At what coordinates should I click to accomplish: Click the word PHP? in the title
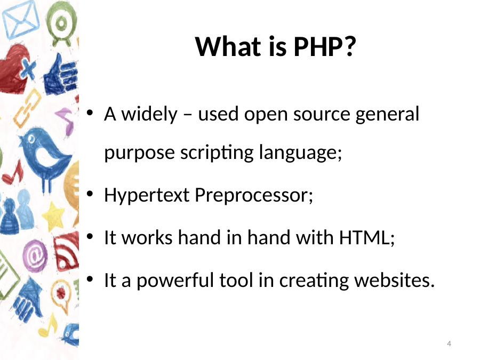coord(325,46)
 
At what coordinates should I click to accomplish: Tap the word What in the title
coord(228,46)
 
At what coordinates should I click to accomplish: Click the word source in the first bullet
coord(322,115)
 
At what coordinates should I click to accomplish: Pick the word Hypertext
coord(147,195)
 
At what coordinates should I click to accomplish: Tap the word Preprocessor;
coord(254,195)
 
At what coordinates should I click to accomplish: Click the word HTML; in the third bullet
coord(367,237)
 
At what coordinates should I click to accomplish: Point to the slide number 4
coord(449,343)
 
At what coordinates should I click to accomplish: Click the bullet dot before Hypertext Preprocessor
coord(90,194)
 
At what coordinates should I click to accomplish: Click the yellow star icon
coord(53,216)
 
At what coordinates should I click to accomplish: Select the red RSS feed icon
coord(67,251)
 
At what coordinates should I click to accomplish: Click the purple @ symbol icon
coord(35,256)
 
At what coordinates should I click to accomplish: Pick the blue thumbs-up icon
coord(61,75)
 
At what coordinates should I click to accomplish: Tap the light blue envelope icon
coord(21,20)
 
